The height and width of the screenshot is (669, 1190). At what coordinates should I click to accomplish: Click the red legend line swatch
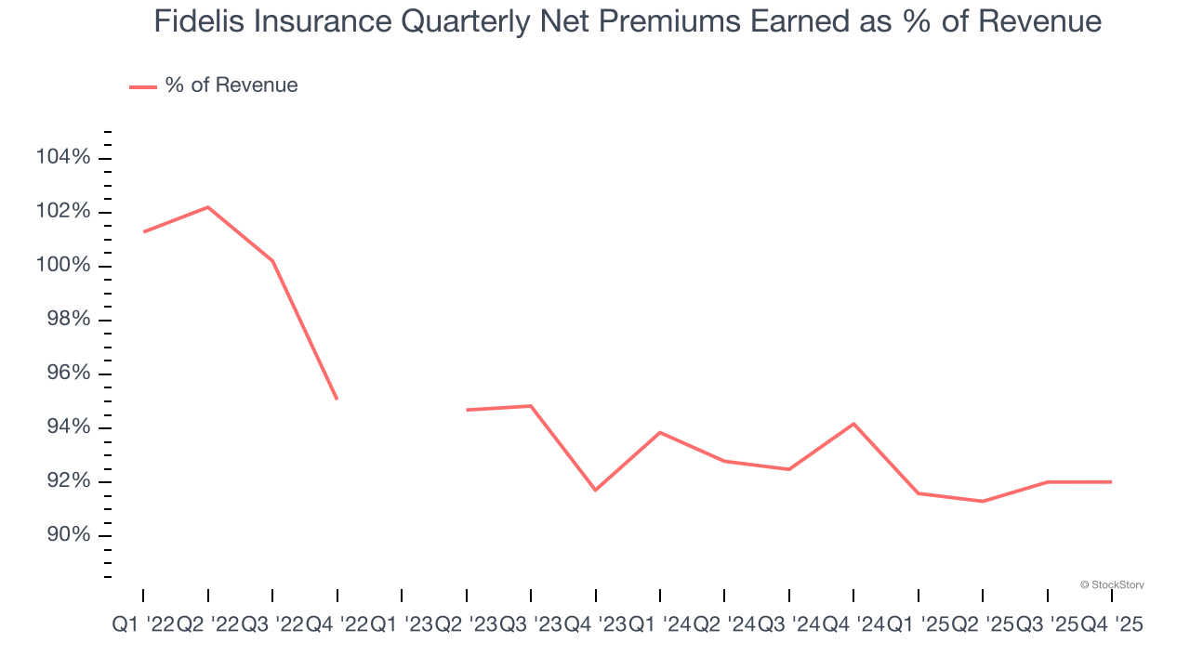142,86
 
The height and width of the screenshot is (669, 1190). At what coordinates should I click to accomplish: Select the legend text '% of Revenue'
231,85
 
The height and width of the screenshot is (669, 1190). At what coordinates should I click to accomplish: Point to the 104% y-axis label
63,158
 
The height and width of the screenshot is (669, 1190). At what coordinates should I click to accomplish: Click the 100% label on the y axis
63,266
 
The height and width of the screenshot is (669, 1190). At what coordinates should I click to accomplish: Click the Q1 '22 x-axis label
143,626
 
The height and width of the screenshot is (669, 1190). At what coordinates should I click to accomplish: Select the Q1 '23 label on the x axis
402,626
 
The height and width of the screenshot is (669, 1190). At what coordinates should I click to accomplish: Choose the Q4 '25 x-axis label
1111,626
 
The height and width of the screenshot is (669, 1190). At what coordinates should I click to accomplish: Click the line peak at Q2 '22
207,206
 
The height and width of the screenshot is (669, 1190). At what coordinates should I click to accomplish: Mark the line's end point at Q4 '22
337,400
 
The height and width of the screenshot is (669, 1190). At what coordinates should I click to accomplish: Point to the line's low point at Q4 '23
595,490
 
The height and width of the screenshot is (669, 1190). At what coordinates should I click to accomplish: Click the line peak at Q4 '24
853,424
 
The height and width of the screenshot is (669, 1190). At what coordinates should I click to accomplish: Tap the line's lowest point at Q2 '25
983,502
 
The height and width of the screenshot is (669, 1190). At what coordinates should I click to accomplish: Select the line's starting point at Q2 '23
466,410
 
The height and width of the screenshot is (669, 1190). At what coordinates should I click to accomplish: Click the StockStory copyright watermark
1112,584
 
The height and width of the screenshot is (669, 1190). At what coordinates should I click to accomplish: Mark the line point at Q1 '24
660,432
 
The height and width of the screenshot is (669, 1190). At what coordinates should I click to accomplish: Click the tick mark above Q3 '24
789,595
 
